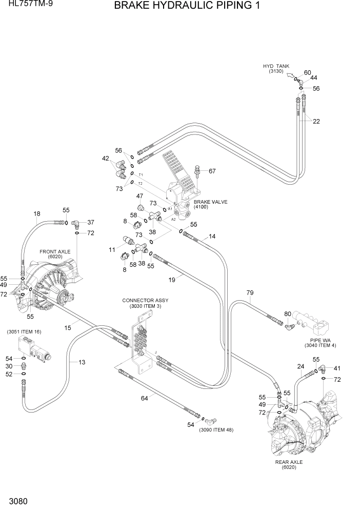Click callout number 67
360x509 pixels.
pyautogui.click(x=212, y=171)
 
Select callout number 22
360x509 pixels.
pyautogui.click(x=316, y=122)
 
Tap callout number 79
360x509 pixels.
pyautogui.click(x=250, y=293)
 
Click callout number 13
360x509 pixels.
pyautogui.click(x=82, y=362)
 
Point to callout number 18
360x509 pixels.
pyautogui.click(x=36, y=214)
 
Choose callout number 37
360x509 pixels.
pyautogui.click(x=91, y=222)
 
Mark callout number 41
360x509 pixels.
pyautogui.click(x=337, y=368)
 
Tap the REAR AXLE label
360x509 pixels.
pyautogui.click(x=289, y=462)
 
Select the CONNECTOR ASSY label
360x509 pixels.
pyautogui.click(x=145, y=300)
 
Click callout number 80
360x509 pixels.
pyautogui.click(x=287, y=314)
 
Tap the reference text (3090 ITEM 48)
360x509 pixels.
pyautogui.click(x=216, y=429)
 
